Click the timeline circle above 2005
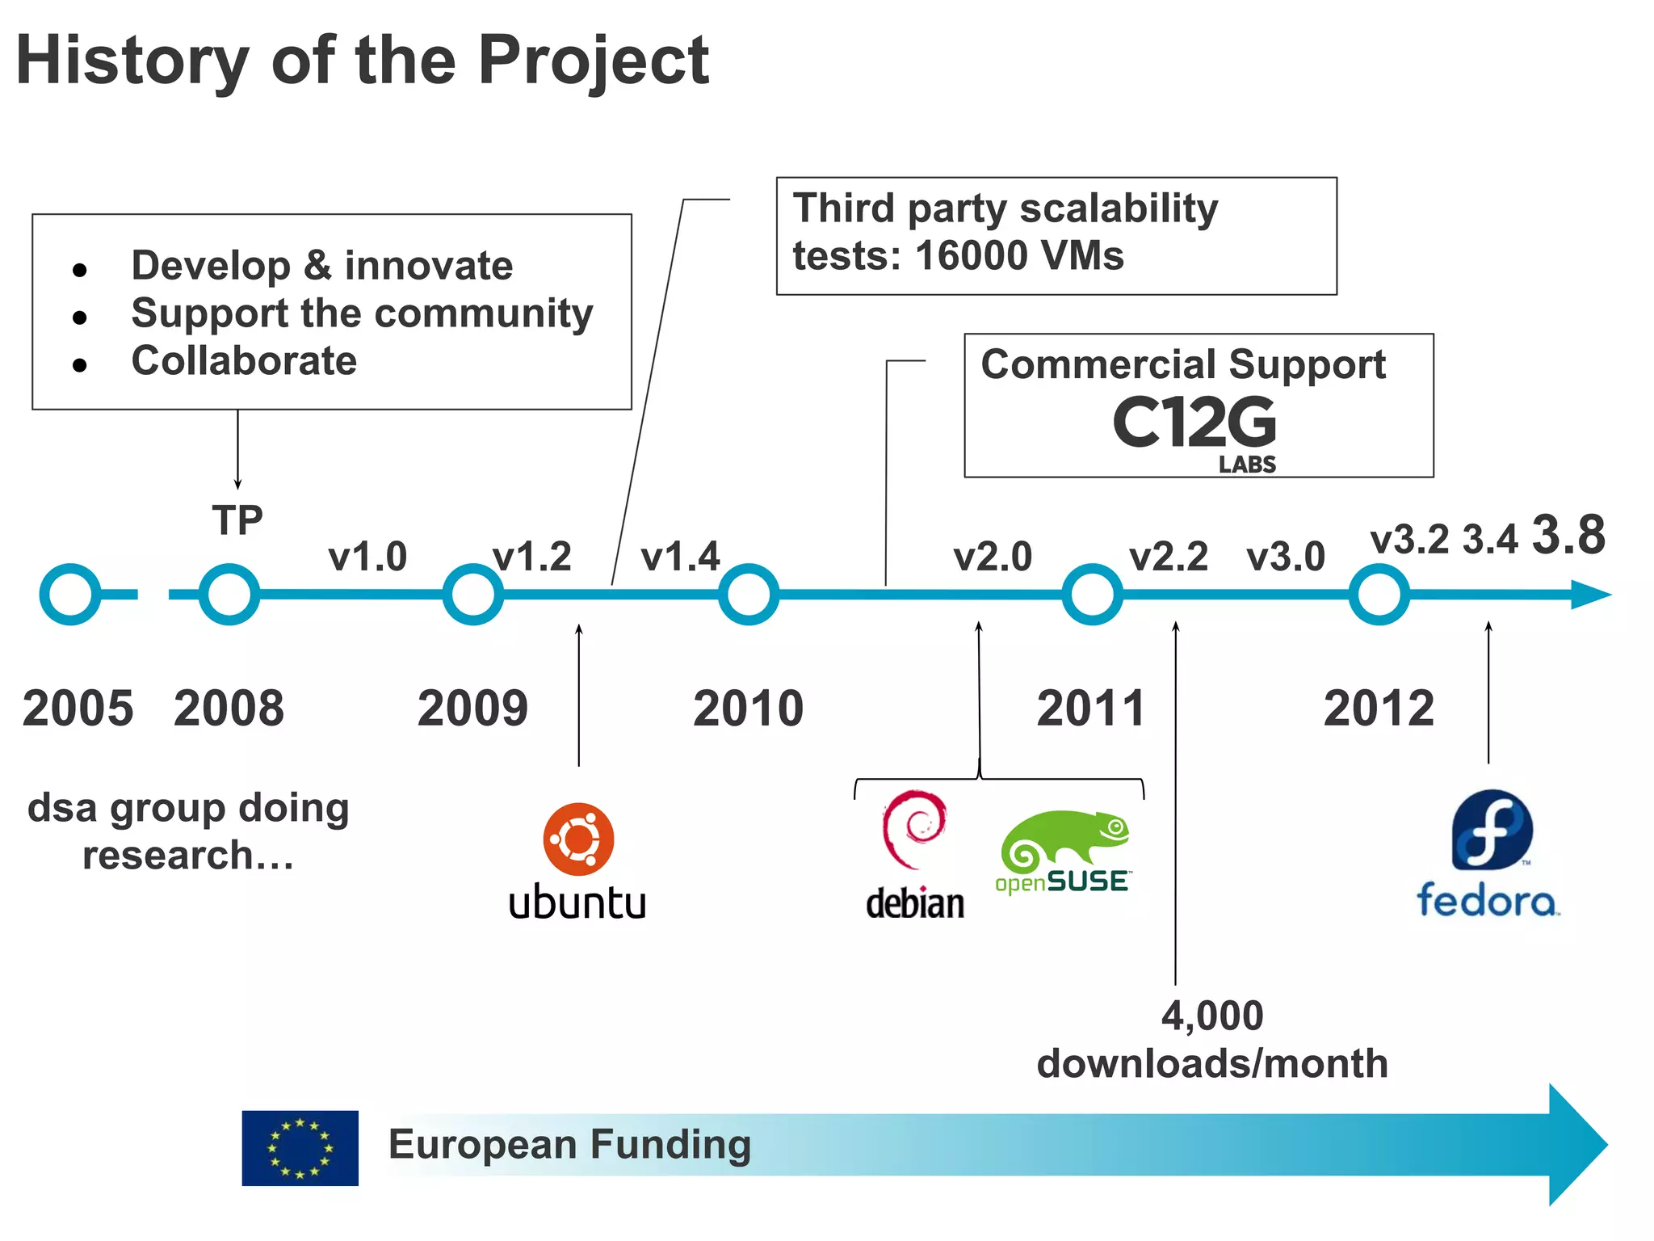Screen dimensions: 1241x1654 pos(70,594)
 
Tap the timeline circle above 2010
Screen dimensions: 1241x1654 pos(749,594)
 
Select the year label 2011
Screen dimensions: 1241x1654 pos(1091,709)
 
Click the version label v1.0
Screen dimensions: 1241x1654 pos(367,557)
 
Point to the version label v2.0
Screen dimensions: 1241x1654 pos(993,557)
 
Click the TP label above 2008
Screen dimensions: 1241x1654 pos(237,520)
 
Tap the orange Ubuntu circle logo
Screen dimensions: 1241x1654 pos(578,839)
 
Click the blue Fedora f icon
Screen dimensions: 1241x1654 pos(1492,830)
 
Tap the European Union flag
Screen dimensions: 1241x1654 pos(300,1147)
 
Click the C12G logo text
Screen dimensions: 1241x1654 pos(1194,423)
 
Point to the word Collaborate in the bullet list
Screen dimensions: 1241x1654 pos(244,360)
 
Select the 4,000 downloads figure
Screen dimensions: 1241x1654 pos(1212,1016)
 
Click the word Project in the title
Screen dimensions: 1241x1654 pos(594,61)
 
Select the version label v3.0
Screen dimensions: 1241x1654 pos(1286,557)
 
